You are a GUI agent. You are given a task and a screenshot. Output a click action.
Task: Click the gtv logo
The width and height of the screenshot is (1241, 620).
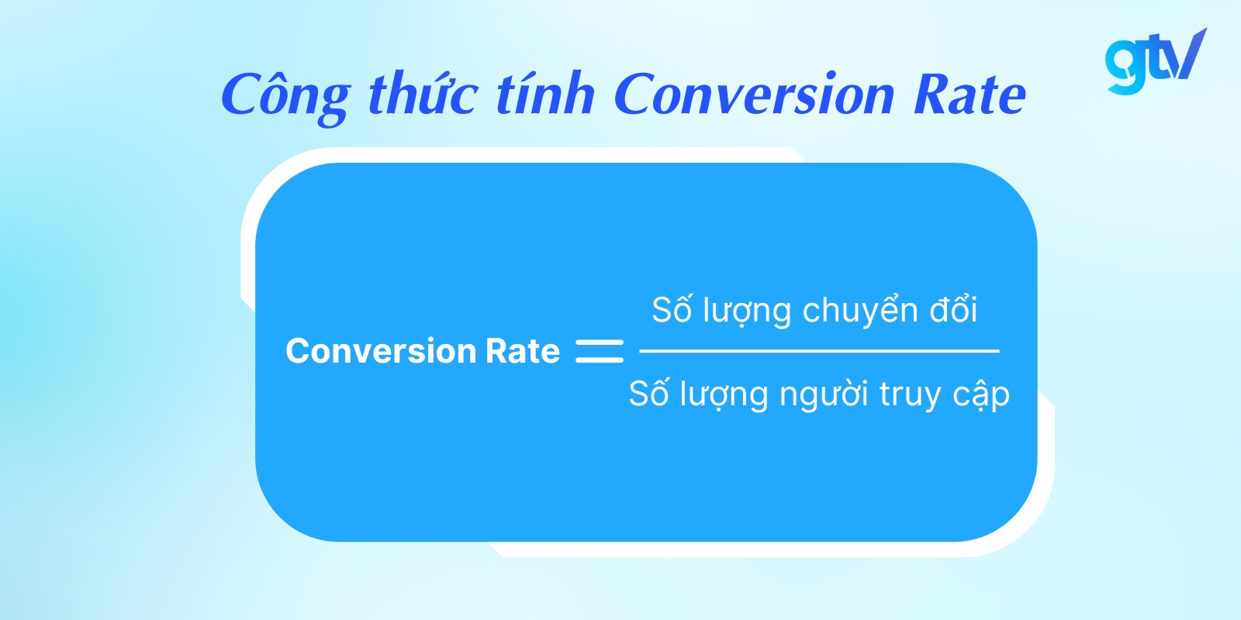click(1155, 61)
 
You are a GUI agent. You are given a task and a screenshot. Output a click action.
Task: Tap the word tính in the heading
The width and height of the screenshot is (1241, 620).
click(544, 94)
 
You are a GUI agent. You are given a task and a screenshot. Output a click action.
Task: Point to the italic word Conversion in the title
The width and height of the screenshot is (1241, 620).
click(754, 95)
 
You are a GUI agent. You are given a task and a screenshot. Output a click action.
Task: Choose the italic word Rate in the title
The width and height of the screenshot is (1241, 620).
click(970, 95)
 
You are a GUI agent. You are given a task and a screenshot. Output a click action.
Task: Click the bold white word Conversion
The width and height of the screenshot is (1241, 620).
click(379, 351)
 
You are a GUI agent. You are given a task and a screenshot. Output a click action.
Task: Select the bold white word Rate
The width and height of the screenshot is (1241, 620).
click(522, 351)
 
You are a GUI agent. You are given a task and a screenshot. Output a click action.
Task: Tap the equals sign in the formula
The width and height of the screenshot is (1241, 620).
click(599, 351)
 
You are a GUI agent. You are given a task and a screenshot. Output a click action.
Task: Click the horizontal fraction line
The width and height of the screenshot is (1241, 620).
click(818, 351)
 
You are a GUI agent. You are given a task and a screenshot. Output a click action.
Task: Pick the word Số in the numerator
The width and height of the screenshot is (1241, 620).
click(671, 310)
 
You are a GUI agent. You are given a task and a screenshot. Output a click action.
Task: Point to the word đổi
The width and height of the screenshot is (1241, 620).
click(953, 310)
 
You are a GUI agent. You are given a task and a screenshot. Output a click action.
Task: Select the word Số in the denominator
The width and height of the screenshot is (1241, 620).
click(648, 394)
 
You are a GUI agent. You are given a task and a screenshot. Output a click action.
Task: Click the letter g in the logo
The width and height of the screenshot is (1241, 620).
click(1123, 65)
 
